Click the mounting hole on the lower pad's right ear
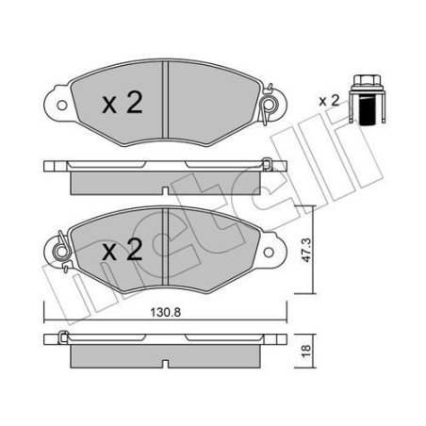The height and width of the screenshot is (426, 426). pos(274,251)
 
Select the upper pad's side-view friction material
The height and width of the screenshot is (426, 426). pos(165,176)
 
